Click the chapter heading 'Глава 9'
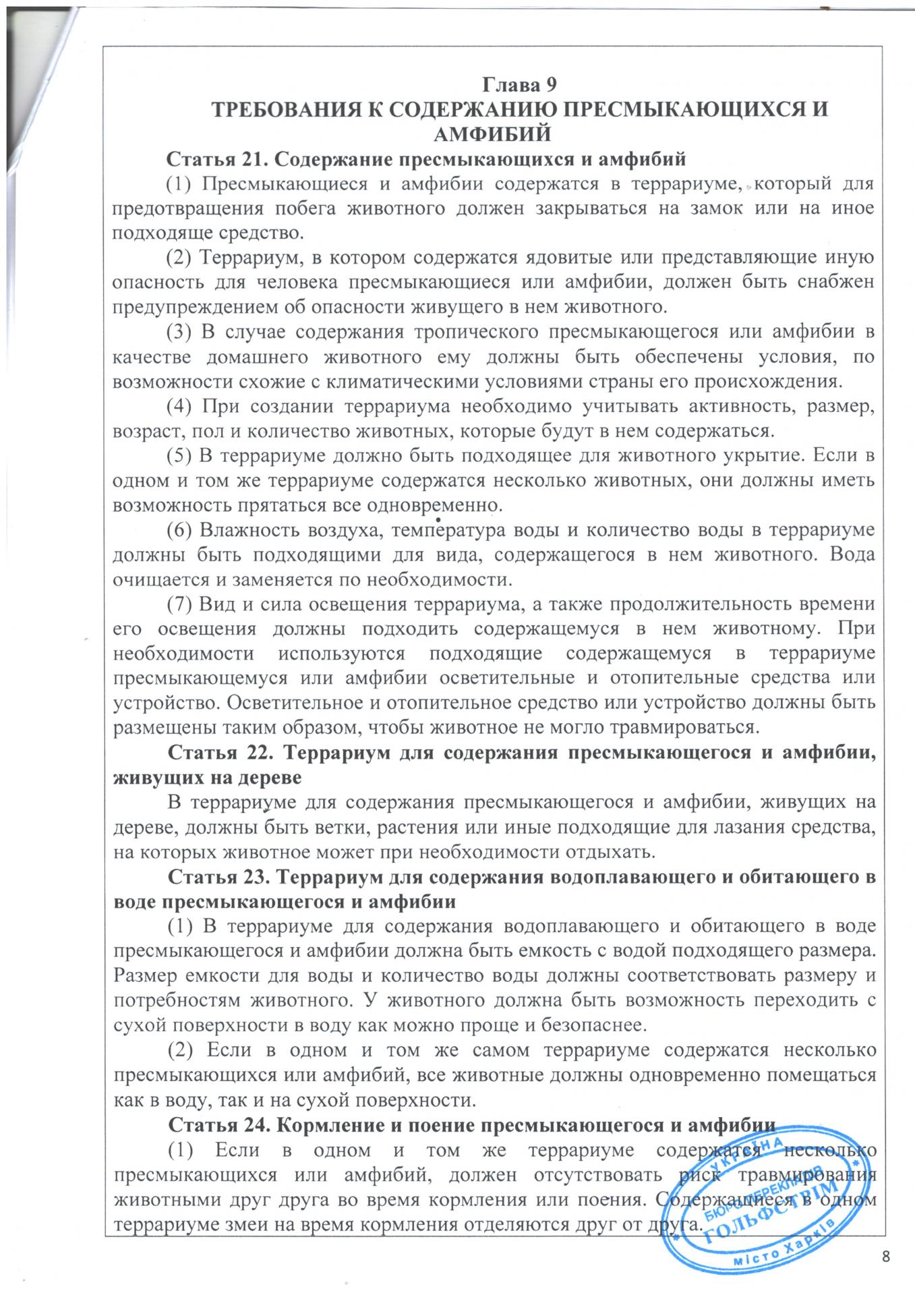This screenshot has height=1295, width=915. tap(519, 85)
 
